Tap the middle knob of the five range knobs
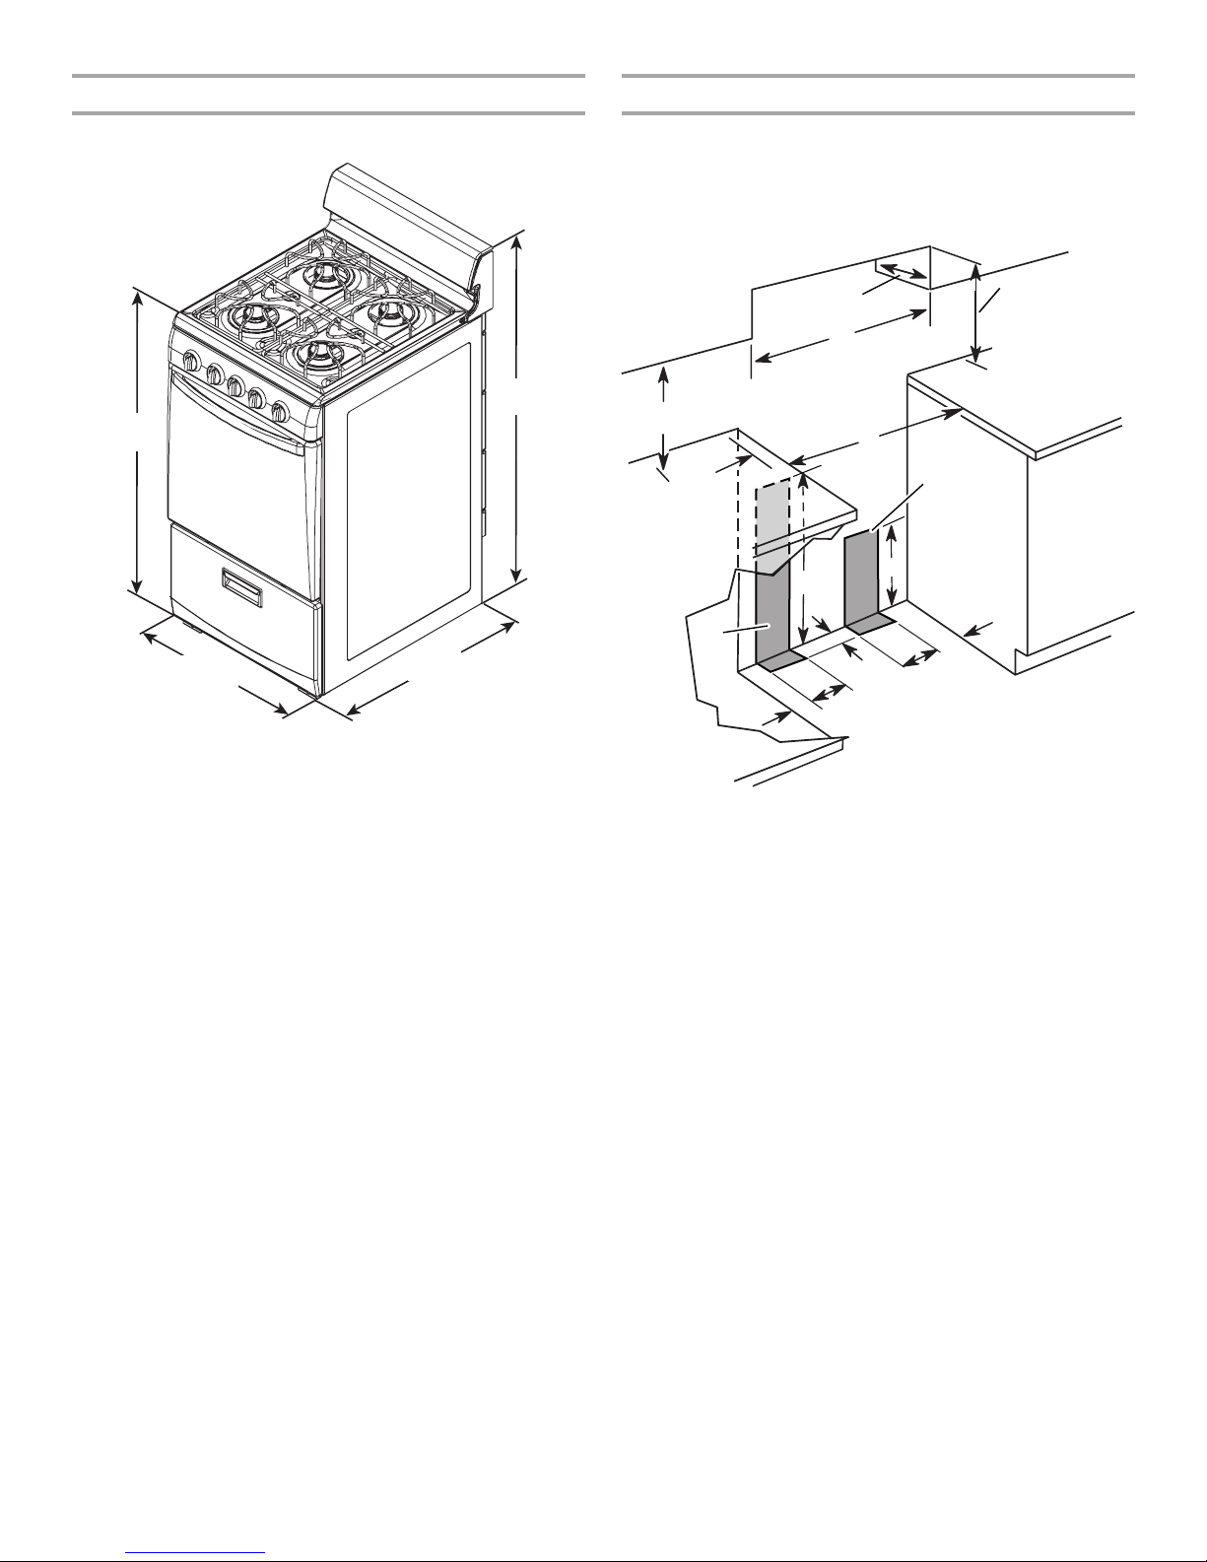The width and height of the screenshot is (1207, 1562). point(235,387)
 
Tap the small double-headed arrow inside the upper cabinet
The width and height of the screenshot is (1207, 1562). point(903,272)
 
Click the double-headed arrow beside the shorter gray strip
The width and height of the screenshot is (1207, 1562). point(891,568)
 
